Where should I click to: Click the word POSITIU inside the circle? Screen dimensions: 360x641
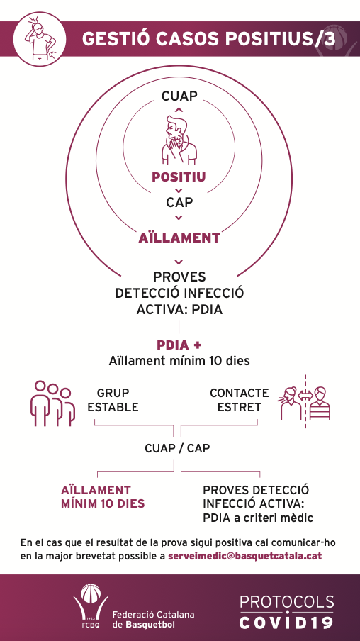179,177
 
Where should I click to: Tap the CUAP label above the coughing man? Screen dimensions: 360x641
179,96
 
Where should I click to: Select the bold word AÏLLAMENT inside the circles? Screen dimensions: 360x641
179,238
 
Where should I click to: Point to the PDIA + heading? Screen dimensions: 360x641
179,345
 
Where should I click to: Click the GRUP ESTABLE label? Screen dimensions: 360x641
113,400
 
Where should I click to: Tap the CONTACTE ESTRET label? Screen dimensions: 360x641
239,400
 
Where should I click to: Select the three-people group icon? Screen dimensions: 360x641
52,403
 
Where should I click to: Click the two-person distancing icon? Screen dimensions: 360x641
305,401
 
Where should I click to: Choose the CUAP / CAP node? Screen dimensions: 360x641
177,448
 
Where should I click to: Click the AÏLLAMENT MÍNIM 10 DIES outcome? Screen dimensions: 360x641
103,496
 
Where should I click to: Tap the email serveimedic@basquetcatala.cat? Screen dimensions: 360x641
244,557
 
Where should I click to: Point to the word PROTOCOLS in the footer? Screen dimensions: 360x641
286,602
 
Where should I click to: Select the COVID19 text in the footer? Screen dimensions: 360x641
286,623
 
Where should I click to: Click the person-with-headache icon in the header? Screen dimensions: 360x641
39,39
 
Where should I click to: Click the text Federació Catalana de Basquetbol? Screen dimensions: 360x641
153,619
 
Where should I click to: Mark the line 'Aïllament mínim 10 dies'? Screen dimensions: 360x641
179,361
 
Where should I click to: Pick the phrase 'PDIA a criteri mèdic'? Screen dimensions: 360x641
258,518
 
